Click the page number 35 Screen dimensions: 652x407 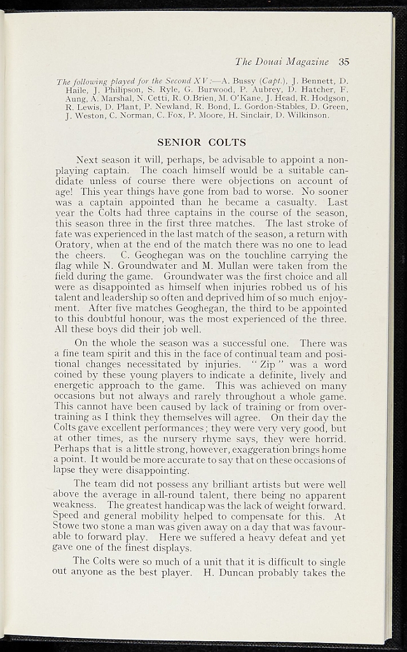(x=345, y=62)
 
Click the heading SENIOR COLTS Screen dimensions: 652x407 (x=201, y=142)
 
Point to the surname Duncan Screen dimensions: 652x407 (x=233, y=572)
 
